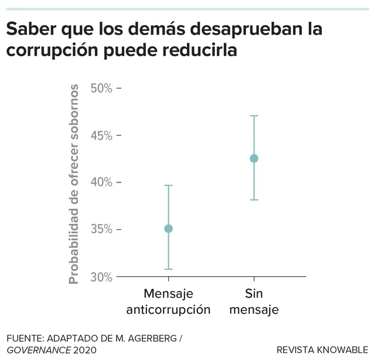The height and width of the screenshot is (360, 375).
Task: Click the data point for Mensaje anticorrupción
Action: pos(169,229)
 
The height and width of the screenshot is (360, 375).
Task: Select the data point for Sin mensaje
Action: pos(254,158)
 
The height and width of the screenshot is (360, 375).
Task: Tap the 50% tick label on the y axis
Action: pos(101,89)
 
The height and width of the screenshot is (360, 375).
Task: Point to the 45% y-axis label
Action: pos(101,135)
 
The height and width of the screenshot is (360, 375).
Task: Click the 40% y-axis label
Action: pos(101,182)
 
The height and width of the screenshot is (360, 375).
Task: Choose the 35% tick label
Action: pos(101,229)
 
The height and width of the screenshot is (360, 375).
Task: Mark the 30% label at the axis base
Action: pos(101,277)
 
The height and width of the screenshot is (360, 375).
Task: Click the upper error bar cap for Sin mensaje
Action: pos(254,116)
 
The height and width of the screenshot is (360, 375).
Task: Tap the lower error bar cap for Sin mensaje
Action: pos(254,200)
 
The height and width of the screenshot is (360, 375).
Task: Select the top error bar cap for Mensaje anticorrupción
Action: pos(169,185)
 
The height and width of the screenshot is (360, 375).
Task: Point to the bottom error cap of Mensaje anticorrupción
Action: pos(169,269)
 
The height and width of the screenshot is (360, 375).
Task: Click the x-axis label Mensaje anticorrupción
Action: pos(168,302)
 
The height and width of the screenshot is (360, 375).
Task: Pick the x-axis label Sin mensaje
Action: pos(254,301)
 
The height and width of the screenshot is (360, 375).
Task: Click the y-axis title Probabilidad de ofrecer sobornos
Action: pos(74,184)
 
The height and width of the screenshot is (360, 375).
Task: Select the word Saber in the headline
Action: pos(31,29)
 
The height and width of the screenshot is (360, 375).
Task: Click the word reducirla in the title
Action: pos(200,50)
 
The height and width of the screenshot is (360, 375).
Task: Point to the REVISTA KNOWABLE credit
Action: pos(322,350)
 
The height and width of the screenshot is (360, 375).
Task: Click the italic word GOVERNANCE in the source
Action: pos(39,350)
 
